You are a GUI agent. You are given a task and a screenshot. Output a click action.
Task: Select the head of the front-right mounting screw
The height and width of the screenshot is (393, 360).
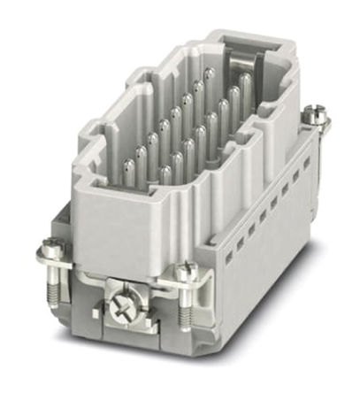point(186,272)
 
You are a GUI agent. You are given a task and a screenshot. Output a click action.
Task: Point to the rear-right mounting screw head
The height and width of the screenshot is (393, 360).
point(315,114)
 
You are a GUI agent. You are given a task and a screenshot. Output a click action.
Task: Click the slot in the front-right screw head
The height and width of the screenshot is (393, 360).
point(186,270)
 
